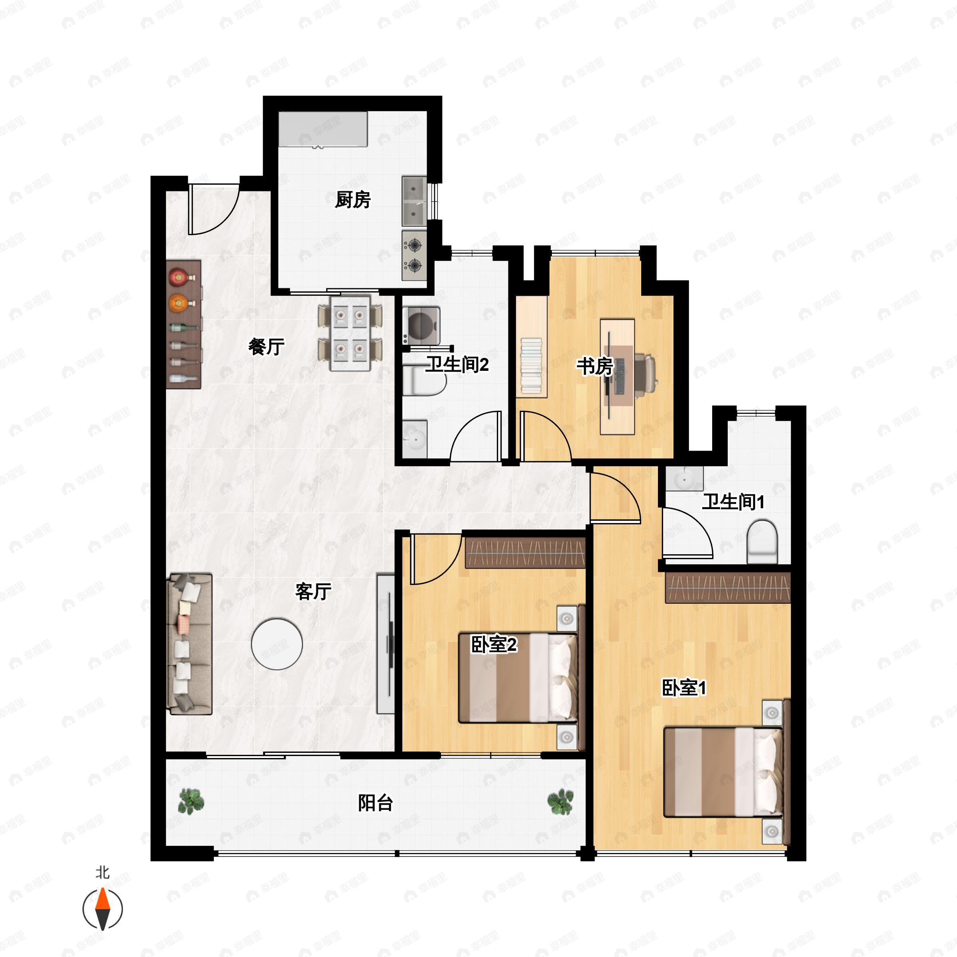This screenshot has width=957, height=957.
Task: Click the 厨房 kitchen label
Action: tap(352, 200)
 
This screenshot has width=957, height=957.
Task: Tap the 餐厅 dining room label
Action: tap(266, 347)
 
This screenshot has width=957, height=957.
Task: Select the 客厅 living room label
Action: tap(313, 591)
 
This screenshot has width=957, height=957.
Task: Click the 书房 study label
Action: tap(595, 366)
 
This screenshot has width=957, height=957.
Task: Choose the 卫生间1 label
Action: tap(733, 502)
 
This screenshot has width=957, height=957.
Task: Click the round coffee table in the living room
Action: tap(277, 644)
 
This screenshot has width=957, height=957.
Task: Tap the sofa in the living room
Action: tap(191, 644)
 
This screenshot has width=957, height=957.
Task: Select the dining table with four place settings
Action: tap(350, 333)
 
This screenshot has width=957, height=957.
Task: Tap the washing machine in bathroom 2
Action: tap(421, 325)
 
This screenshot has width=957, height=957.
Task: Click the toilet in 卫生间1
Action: tap(762, 542)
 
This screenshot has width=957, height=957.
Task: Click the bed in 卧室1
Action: tap(724, 772)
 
